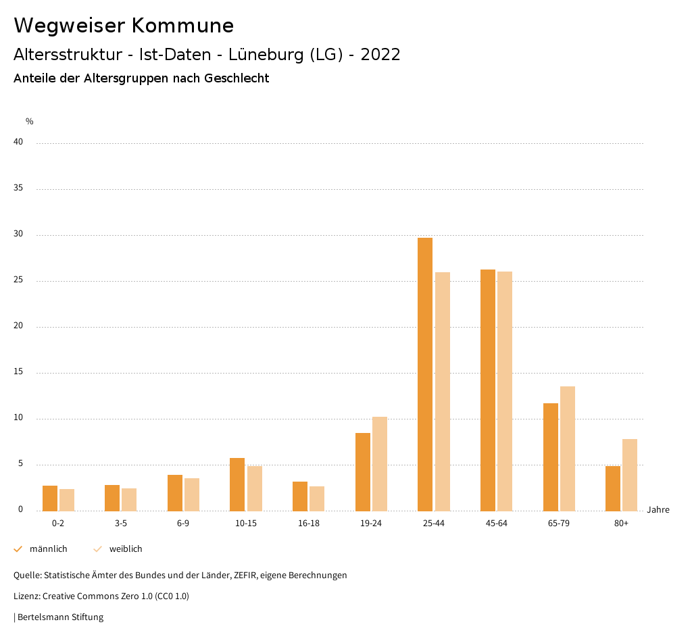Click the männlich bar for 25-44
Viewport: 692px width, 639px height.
coord(425,374)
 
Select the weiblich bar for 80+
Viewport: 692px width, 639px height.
coord(630,475)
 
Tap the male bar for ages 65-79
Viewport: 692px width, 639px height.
coord(551,457)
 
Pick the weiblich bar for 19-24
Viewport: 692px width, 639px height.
coord(380,463)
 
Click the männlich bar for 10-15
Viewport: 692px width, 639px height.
coord(237,484)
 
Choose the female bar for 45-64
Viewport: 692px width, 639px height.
coord(505,391)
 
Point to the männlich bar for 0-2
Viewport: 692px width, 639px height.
coord(50,498)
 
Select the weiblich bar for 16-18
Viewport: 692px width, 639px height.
coord(317,499)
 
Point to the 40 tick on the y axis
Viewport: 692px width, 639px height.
coord(18,142)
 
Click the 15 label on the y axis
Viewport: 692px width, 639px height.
coord(18,372)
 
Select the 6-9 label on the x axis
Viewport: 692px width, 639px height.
coord(183,523)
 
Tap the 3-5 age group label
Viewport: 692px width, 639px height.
coord(121,523)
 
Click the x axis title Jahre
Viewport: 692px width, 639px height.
coord(658,509)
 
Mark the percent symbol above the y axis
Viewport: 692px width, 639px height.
coord(30,122)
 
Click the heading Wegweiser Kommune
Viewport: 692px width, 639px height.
coord(124,26)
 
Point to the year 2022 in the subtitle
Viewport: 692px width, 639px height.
coord(380,55)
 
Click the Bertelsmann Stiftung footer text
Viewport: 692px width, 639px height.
coord(60,617)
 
